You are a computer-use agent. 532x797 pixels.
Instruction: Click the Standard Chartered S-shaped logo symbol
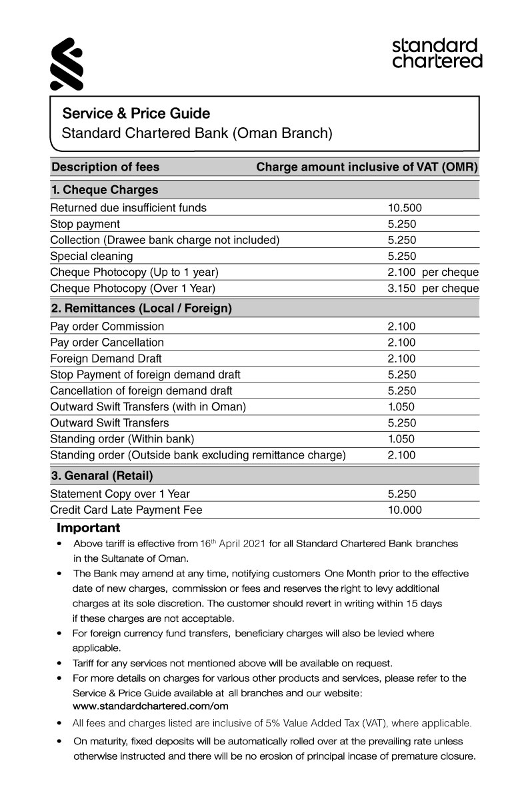67,64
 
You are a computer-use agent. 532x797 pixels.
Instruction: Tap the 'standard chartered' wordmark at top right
437,53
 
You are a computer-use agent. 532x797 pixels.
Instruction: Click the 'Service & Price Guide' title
135,113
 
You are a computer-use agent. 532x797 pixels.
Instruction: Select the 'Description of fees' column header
105,167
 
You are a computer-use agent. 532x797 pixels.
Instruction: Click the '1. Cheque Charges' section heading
105,190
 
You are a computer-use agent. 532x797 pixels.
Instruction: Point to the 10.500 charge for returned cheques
405,208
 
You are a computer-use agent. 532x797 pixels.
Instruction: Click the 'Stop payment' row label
85,224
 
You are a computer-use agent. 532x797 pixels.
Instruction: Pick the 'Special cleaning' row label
91,256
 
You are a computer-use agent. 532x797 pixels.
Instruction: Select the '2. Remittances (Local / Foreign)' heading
141,309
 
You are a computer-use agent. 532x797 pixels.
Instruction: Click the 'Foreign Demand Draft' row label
106,359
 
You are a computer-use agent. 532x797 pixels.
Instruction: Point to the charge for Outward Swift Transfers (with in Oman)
401,406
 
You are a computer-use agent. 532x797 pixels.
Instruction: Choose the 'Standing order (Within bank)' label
122,438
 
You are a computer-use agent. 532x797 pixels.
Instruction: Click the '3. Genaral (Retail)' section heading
102,476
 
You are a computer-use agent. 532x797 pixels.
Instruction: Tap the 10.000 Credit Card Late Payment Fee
405,510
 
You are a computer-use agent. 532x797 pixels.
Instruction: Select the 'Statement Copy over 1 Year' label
120,494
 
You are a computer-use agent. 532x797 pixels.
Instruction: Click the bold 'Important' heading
88,528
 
